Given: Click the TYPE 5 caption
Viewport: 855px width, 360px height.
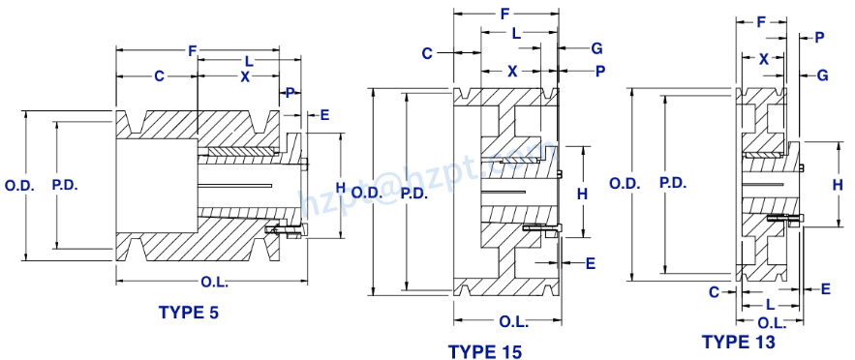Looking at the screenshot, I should (189, 312).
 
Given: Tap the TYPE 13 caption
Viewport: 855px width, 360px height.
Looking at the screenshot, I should (739, 342).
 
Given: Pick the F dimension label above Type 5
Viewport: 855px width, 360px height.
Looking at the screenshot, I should (193, 49).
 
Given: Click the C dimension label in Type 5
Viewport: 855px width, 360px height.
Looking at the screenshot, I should (158, 75).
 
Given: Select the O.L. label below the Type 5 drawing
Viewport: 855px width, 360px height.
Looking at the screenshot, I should (215, 281).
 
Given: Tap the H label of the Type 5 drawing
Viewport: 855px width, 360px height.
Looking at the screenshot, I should (340, 186).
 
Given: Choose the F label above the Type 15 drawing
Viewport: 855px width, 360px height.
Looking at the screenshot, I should (506, 14).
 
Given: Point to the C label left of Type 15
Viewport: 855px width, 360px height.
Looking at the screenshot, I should (426, 53).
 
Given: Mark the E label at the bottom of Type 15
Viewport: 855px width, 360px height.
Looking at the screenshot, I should (590, 262).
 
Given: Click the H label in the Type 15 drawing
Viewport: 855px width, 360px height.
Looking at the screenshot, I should (582, 194).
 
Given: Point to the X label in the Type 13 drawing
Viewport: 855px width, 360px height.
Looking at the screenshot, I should (764, 59).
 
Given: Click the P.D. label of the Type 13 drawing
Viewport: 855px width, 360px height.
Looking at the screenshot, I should (674, 182).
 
